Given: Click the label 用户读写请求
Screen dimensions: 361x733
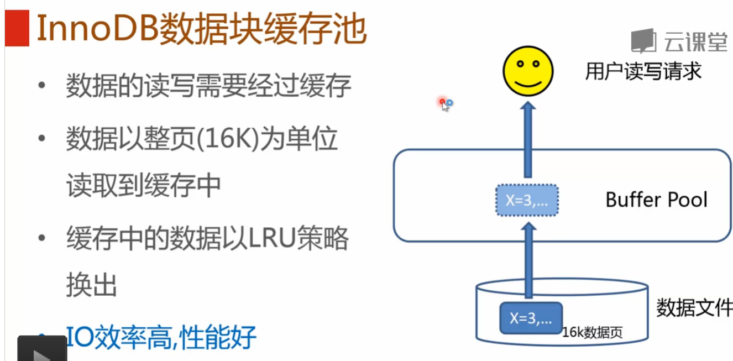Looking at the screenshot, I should pyautogui.click(x=643, y=71).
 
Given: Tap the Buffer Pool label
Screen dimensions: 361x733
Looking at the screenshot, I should pyautogui.click(x=657, y=200).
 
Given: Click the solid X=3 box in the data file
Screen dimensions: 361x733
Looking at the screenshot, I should pyautogui.click(x=531, y=318).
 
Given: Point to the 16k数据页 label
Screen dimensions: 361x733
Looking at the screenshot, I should pyautogui.click(x=593, y=333).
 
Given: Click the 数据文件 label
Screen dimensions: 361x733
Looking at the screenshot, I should pyautogui.click(x=694, y=307).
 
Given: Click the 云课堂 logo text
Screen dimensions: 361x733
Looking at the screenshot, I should pyautogui.click(x=695, y=41).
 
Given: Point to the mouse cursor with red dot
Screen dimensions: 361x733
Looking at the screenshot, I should pyautogui.click(x=445, y=104).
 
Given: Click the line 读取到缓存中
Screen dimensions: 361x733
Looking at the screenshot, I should pyautogui.click(x=144, y=186).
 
